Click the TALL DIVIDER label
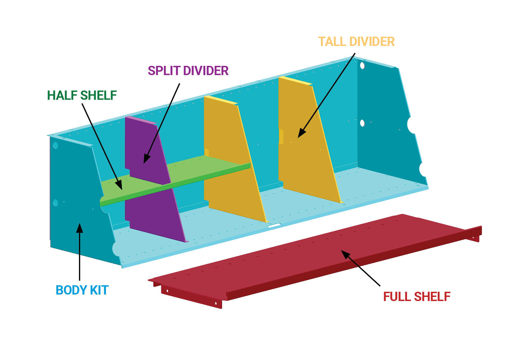point(356,42)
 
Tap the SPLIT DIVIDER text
point(188,71)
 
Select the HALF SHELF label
point(82,96)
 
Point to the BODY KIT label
point(82,290)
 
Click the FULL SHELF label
point(417,297)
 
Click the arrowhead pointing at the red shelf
point(345,254)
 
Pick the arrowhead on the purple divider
point(146,159)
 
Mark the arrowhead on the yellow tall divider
point(301,134)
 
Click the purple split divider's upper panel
point(144,144)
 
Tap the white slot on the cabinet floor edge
point(274,226)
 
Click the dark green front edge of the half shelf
point(178,183)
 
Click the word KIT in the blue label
point(99,290)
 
